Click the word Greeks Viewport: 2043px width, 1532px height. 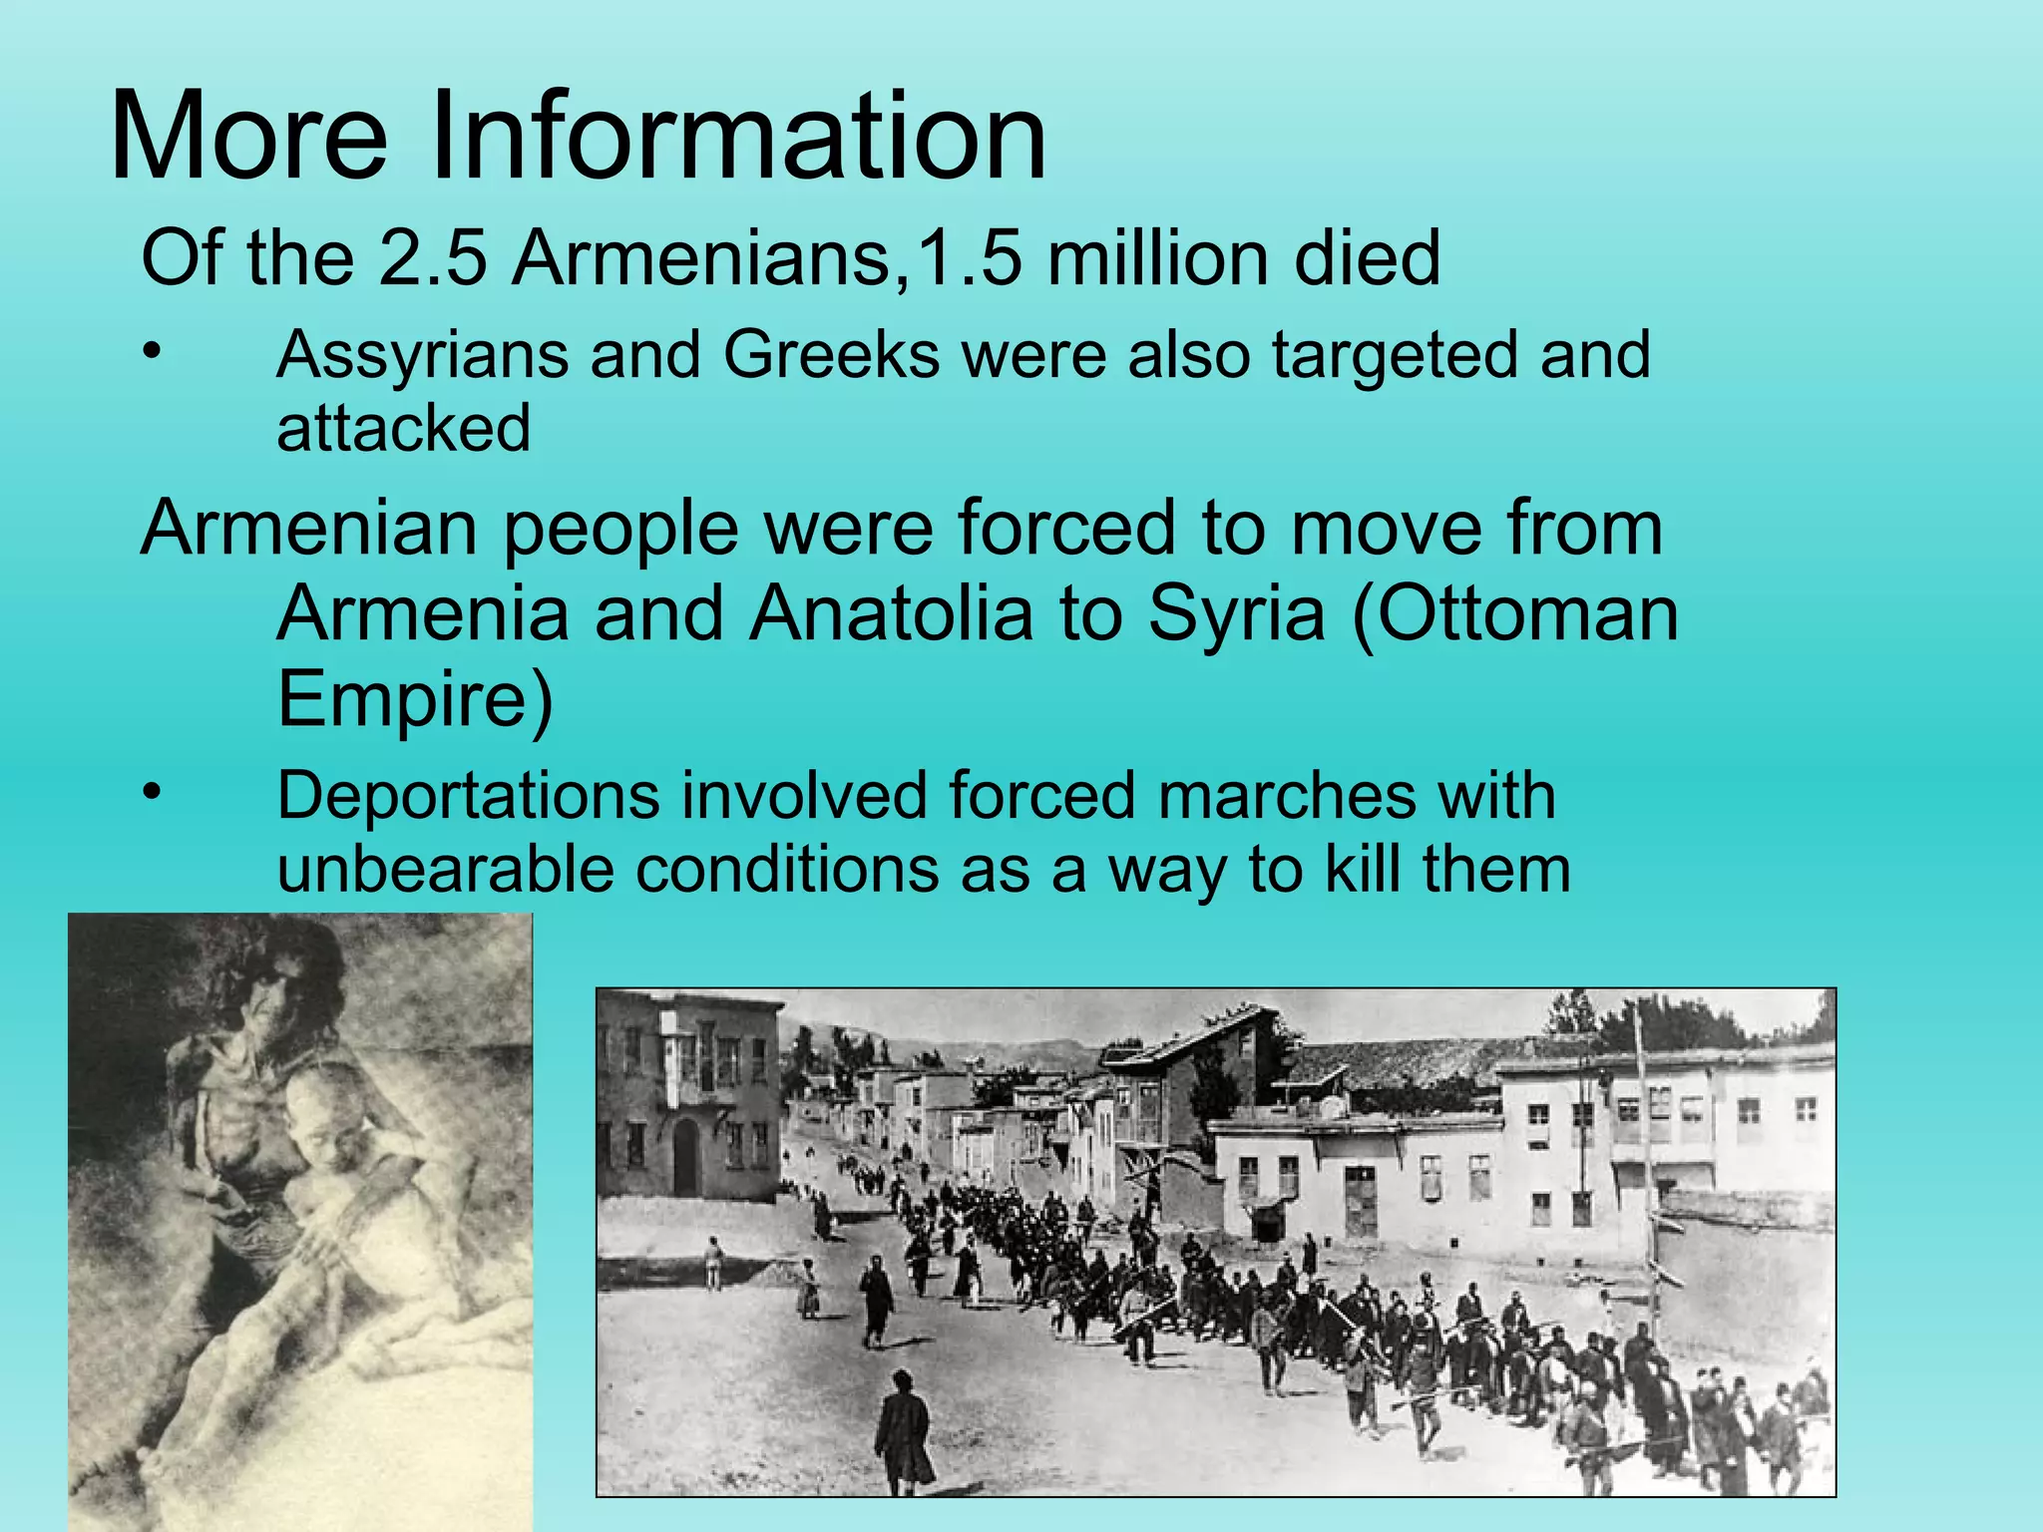(831, 355)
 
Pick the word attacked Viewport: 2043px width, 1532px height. (403, 429)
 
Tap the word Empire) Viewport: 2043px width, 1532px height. (414, 698)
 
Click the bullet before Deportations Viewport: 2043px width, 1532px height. (151, 793)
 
